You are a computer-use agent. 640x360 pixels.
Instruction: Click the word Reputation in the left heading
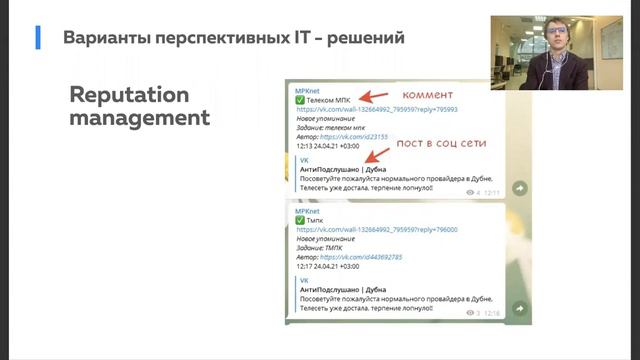tap(129, 96)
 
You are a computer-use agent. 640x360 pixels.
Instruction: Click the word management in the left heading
tap(140, 118)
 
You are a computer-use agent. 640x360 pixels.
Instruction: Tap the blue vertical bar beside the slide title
tap(38, 38)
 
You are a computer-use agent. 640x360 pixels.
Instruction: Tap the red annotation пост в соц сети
tap(441, 143)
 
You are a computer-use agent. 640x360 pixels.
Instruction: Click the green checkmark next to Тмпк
tap(300, 219)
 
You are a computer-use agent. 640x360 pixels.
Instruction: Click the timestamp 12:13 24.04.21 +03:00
tap(327, 146)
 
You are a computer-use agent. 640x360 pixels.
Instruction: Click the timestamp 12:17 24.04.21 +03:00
tap(327, 267)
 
